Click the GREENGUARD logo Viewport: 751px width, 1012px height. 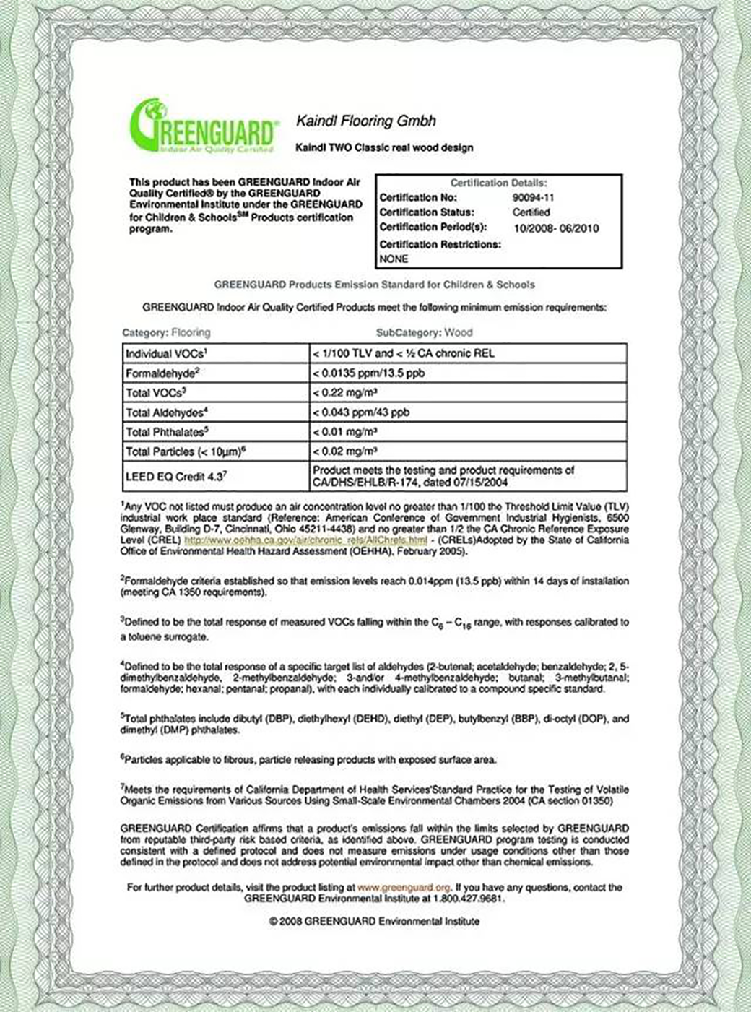(x=203, y=126)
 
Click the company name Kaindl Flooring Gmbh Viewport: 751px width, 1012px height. (x=366, y=121)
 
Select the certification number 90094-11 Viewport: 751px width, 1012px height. (x=533, y=197)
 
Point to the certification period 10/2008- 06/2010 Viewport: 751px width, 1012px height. (x=555, y=228)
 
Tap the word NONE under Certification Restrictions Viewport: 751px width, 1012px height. (x=394, y=259)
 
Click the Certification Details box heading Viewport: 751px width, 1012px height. (x=498, y=183)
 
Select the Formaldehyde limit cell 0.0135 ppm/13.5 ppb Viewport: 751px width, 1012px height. (x=368, y=373)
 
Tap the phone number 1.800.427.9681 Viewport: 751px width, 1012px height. (x=468, y=899)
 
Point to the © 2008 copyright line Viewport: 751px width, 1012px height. (x=374, y=921)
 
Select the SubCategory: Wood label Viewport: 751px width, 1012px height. (x=425, y=332)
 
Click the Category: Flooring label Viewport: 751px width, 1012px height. (x=166, y=332)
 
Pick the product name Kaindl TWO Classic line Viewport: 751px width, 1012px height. (x=384, y=147)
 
